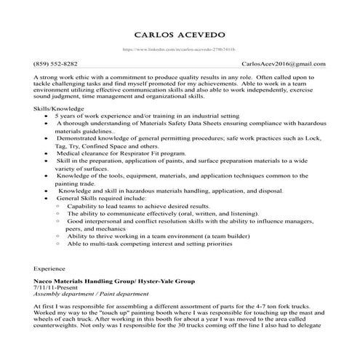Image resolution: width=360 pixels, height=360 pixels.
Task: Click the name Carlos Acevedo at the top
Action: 180,35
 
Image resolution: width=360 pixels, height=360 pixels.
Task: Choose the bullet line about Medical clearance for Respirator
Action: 116,154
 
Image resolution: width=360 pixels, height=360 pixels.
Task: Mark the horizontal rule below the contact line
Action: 180,70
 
